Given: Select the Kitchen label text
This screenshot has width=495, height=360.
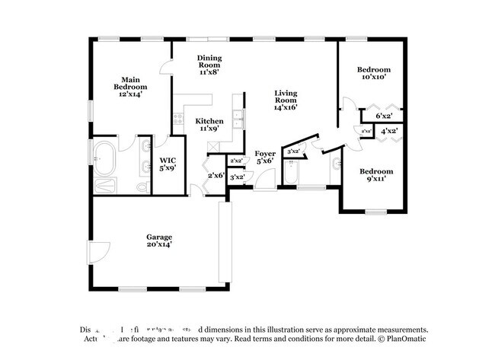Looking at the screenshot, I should [209, 125].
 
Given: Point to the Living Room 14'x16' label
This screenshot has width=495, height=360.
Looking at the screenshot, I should [286, 100].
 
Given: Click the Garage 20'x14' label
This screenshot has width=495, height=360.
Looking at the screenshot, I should [159, 241].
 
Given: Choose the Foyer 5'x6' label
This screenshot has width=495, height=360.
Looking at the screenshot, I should [265, 158].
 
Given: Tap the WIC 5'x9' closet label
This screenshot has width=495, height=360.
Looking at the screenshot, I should [168, 164].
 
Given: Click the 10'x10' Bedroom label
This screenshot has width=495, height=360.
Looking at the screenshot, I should [373, 73].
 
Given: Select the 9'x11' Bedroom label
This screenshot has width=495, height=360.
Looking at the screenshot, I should [376, 175].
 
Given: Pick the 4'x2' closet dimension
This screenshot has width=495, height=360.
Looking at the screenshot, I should [388, 131].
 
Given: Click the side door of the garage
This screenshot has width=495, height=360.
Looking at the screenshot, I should [99, 253].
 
